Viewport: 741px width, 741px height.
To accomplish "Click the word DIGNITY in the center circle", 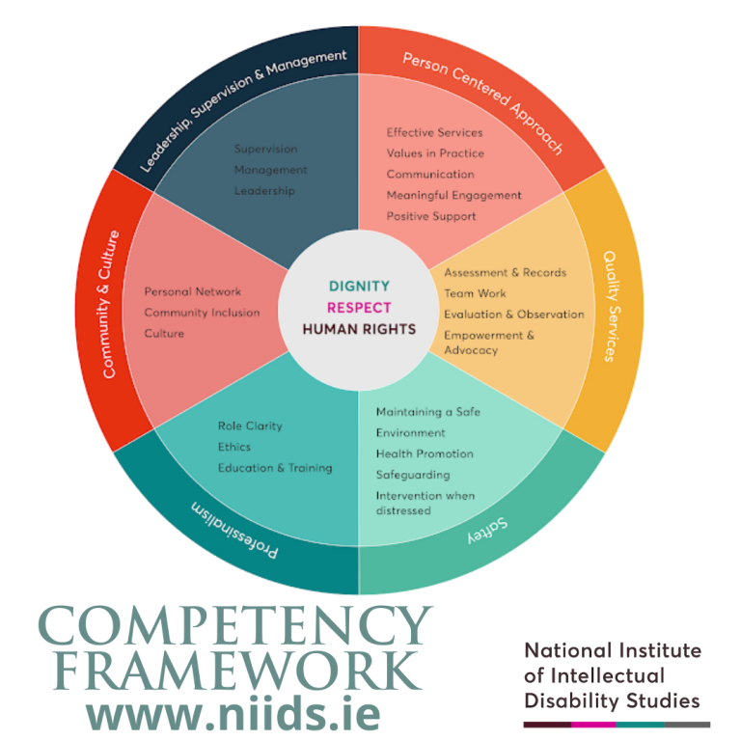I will [359, 287].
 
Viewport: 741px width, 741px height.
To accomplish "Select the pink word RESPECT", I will [359, 308].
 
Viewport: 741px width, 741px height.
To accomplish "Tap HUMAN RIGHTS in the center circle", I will [359, 329].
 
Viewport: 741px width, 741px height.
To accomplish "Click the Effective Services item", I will [434, 132].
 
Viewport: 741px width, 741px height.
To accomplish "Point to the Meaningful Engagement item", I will [453, 195].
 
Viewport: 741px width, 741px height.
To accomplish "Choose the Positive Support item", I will [431, 216].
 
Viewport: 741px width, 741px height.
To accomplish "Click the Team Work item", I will [475, 293].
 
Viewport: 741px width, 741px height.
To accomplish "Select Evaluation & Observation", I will [513, 315].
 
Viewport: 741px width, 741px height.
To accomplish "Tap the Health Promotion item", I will [425, 453].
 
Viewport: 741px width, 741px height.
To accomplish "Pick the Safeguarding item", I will [414, 475].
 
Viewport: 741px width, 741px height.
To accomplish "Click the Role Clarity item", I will [250, 425].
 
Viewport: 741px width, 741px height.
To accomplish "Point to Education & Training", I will [274, 468].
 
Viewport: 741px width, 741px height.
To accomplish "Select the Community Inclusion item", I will [202, 313].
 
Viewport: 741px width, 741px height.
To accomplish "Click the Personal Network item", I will [192, 291].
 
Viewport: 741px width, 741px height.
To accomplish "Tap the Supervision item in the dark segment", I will [265, 149].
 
